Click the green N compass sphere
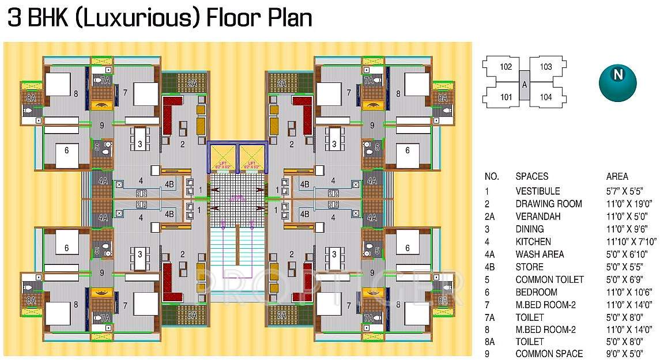click(x=617, y=82)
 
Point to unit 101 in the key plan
click(x=505, y=97)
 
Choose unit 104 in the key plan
click(x=545, y=97)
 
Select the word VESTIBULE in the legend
click(x=537, y=191)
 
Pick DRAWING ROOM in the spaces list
click(x=548, y=204)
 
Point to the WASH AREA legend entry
click(x=540, y=255)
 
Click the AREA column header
click(x=617, y=176)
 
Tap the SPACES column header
click(x=531, y=176)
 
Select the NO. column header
click(x=492, y=176)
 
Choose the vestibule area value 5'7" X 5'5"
click(x=624, y=191)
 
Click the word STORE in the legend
click(x=529, y=267)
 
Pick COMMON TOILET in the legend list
click(x=549, y=280)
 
